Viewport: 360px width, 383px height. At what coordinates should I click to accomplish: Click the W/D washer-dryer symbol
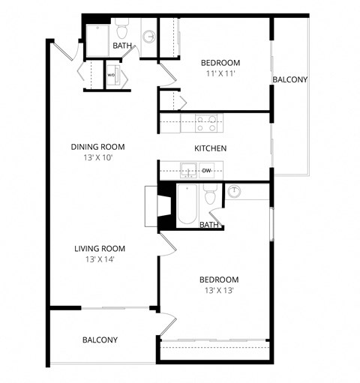pyautogui.click(x=111, y=75)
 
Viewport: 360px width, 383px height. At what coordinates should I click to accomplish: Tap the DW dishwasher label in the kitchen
pyautogui.click(x=205, y=171)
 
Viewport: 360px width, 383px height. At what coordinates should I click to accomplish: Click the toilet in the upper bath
pyautogui.click(x=121, y=31)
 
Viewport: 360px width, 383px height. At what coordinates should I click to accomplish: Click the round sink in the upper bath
pyautogui.click(x=148, y=36)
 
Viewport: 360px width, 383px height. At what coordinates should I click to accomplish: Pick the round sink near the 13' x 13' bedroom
pyautogui.click(x=235, y=192)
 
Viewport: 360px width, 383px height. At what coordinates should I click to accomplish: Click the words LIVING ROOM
pyautogui.click(x=99, y=249)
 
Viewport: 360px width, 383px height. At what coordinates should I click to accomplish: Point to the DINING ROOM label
pyautogui.click(x=97, y=147)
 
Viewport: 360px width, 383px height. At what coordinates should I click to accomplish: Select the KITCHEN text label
pyautogui.click(x=210, y=148)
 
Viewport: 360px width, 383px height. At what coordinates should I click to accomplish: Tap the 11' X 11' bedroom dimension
pyautogui.click(x=220, y=74)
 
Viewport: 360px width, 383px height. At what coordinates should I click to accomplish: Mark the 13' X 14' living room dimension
pyautogui.click(x=99, y=259)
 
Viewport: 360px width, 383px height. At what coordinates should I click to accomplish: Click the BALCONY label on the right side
pyautogui.click(x=289, y=79)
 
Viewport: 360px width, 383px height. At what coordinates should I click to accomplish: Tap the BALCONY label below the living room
pyautogui.click(x=100, y=340)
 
